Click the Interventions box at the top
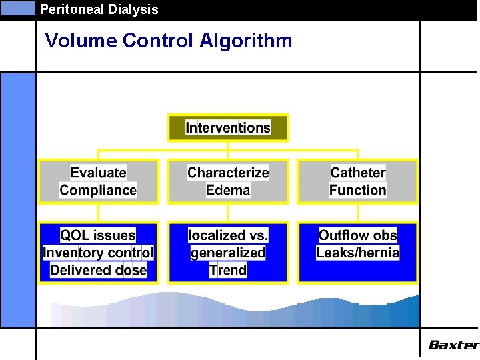coord(228,127)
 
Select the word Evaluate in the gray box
coord(98,173)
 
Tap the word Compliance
coord(98,190)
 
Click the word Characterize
coord(228,173)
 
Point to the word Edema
coord(228,190)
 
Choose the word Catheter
coord(358,173)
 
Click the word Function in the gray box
coord(358,190)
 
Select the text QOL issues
coord(98,235)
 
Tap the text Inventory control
coord(98,253)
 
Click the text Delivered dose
coord(98,270)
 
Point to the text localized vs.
coord(228,235)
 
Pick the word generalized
coord(228,253)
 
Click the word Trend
coord(228,270)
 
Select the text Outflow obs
coord(358,235)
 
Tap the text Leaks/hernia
coord(358,253)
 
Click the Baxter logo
coord(453,345)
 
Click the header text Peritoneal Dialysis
coord(99,9)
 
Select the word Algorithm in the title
coord(245,41)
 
